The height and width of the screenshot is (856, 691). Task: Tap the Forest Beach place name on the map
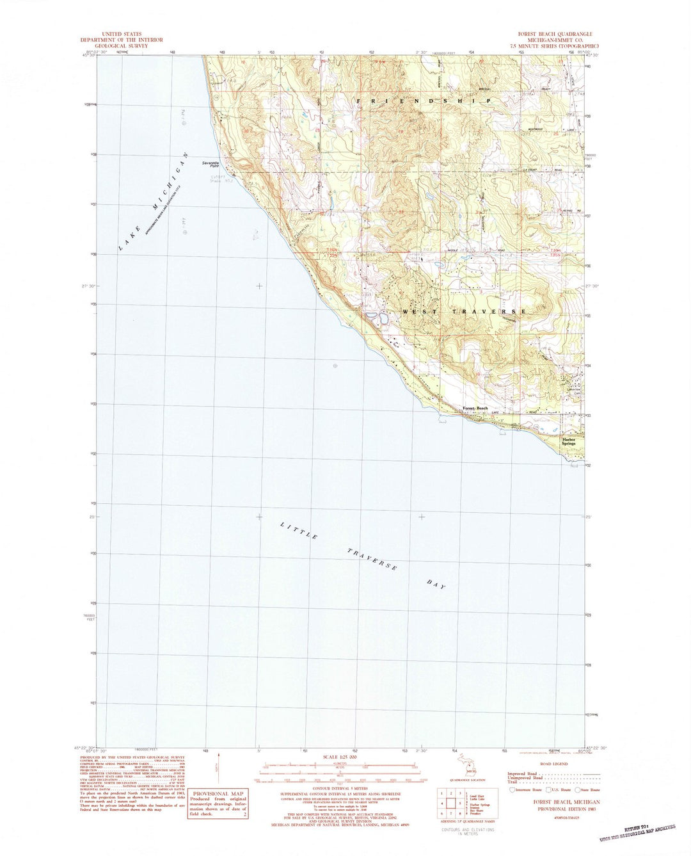pyautogui.click(x=475, y=408)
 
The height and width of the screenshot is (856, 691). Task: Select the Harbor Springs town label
pyautogui.click(x=569, y=441)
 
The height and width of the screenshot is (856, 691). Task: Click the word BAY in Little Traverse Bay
pyautogui.click(x=435, y=584)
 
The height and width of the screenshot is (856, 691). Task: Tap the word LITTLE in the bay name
pyautogui.click(x=299, y=531)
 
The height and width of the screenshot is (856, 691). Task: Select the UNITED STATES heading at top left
pyautogui.click(x=121, y=34)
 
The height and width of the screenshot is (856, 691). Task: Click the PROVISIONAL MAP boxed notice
pyautogui.click(x=218, y=803)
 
